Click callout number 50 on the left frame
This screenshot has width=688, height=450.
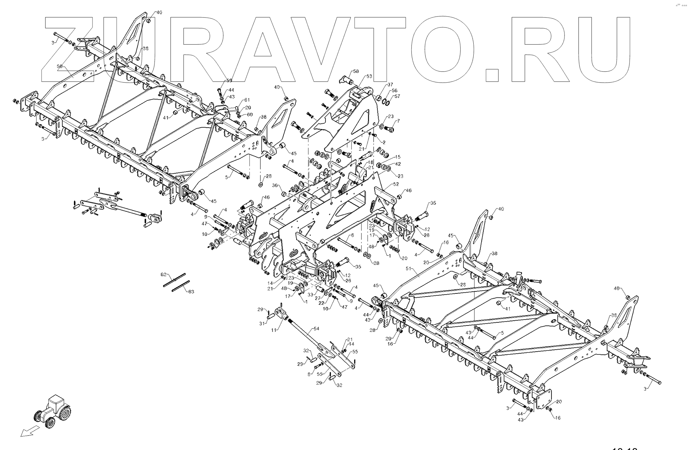pyautogui.click(x=60, y=66)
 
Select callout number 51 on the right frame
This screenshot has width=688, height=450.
pyautogui.click(x=409, y=269)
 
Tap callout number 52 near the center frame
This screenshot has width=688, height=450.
pyautogui.click(x=396, y=184)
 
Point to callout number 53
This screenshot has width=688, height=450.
pyautogui.click(x=369, y=76)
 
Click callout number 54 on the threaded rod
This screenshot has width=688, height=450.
pyautogui.click(x=316, y=329)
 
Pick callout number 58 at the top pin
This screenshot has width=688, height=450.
pyautogui.click(x=356, y=72)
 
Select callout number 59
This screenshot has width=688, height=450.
pyautogui.click(x=229, y=81)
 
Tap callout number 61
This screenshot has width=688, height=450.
pyautogui.click(x=247, y=100)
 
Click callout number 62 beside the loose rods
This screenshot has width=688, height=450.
pyautogui.click(x=164, y=274)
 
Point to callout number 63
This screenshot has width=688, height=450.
pyautogui.click(x=191, y=292)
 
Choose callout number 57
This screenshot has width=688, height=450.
pyautogui.click(x=397, y=96)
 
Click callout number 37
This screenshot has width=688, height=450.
pyautogui.click(x=390, y=85)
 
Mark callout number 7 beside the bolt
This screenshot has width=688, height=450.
pyautogui.click(x=398, y=121)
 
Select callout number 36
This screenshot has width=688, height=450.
pyautogui.click(x=275, y=185)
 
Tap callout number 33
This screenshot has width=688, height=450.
pyautogui.click(x=310, y=294)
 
